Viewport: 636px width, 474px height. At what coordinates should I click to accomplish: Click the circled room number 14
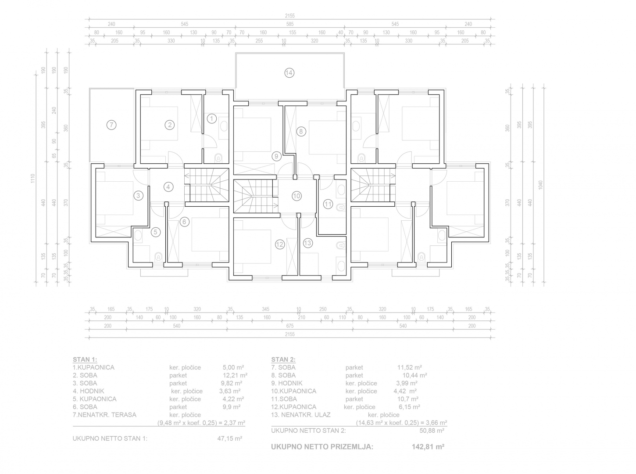pos(289,73)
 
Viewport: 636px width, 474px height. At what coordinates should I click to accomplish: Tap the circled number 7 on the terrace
pos(111,125)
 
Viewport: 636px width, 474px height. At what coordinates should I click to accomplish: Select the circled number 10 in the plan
pos(297,196)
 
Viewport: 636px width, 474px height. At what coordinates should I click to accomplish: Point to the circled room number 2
pos(170,125)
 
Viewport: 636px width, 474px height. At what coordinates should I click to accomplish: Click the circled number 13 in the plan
pos(307,243)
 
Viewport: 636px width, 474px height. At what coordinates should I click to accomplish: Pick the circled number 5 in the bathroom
pos(156,232)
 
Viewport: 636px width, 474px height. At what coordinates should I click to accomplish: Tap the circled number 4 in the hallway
pos(168,187)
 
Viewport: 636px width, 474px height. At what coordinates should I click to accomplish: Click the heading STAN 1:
pos(85,359)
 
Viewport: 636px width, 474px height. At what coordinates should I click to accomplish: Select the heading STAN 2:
pos(283,359)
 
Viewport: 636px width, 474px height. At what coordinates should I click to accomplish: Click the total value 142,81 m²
pos(428,447)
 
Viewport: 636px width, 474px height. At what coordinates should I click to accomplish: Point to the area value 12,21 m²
pos(235,375)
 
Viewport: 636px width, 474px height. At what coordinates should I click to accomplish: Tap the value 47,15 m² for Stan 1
pos(230,438)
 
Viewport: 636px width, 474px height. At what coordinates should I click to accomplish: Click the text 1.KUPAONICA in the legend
pos(93,367)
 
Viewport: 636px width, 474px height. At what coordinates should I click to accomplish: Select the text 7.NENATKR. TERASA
pos(104,415)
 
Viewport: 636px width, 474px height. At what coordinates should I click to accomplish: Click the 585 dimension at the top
pos(290,24)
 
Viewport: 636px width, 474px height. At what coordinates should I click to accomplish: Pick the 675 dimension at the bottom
pos(290,326)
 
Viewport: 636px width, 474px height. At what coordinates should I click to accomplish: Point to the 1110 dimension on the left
pos(33,179)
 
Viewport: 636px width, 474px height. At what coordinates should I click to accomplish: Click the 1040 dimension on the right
pos(540,185)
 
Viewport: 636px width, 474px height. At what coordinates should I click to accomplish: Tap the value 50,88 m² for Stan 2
pos(432,431)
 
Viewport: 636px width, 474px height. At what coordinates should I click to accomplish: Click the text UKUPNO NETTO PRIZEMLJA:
pos(322,447)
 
